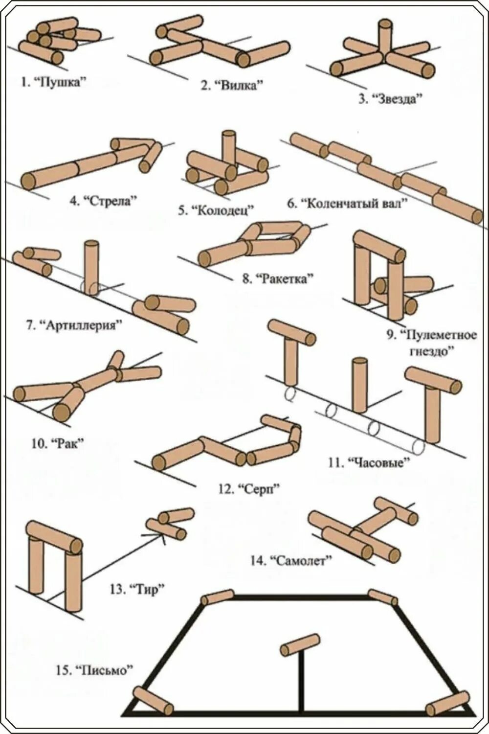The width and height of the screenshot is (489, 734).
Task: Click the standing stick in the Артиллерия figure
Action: coord(91,267)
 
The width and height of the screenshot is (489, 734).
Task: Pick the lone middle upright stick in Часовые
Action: coord(359,385)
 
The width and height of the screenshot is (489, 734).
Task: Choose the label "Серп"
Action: coord(256,488)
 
